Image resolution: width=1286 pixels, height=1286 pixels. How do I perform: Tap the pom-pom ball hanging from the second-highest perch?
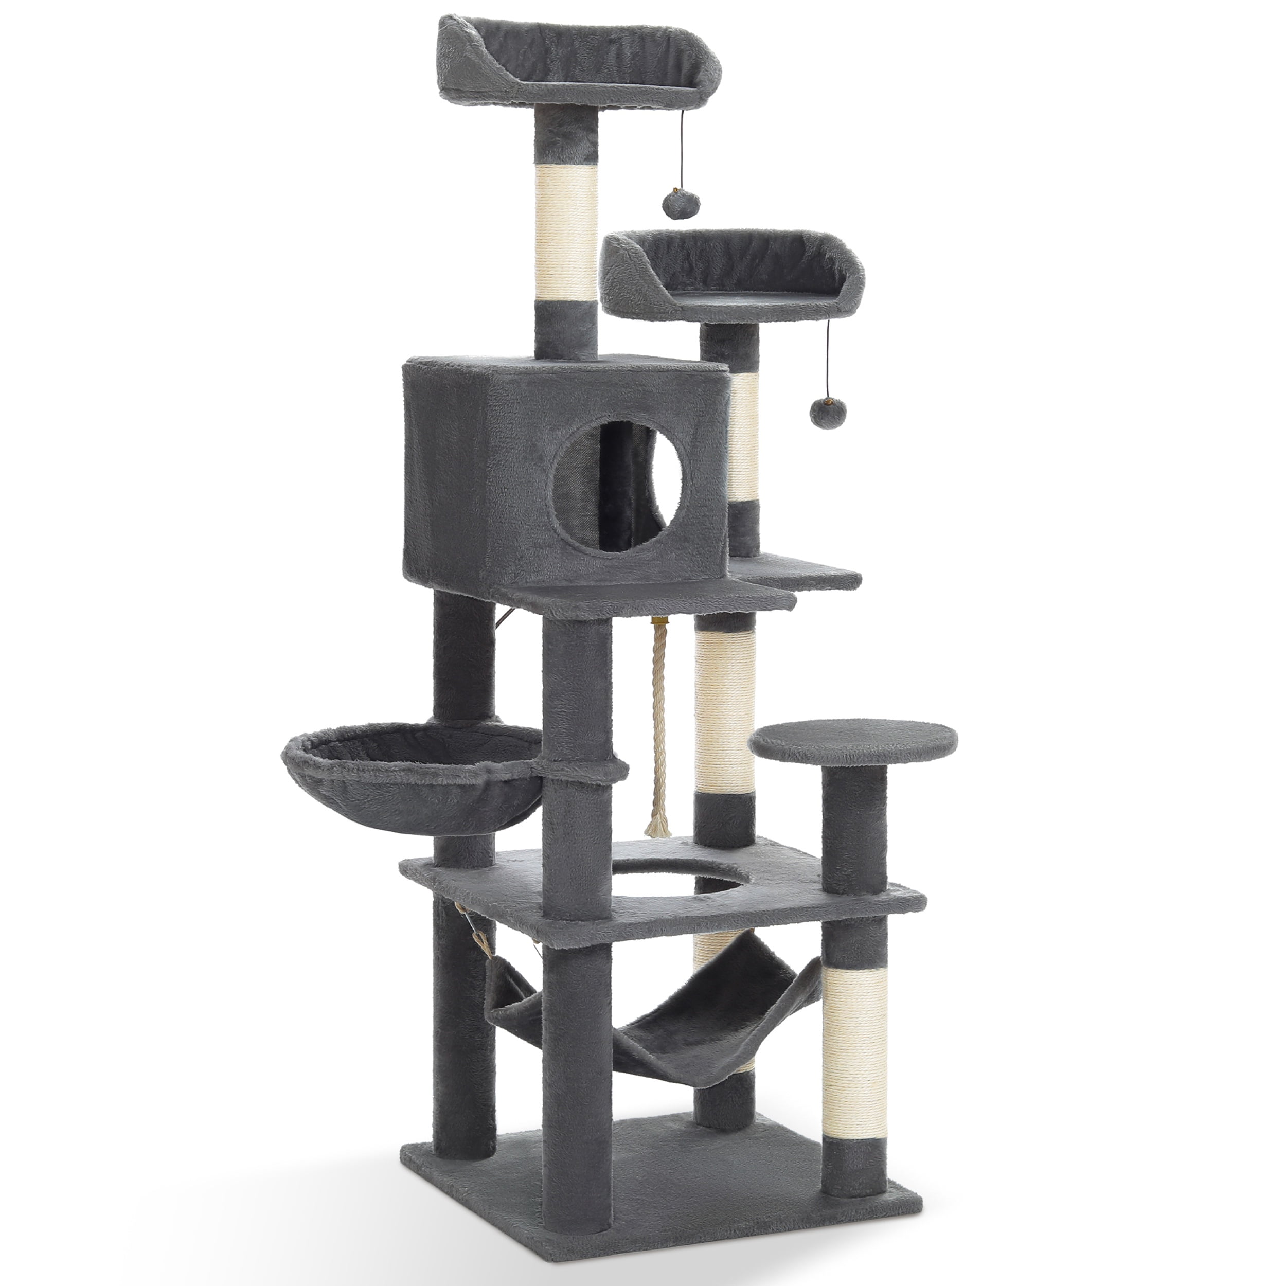[x=824, y=413]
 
